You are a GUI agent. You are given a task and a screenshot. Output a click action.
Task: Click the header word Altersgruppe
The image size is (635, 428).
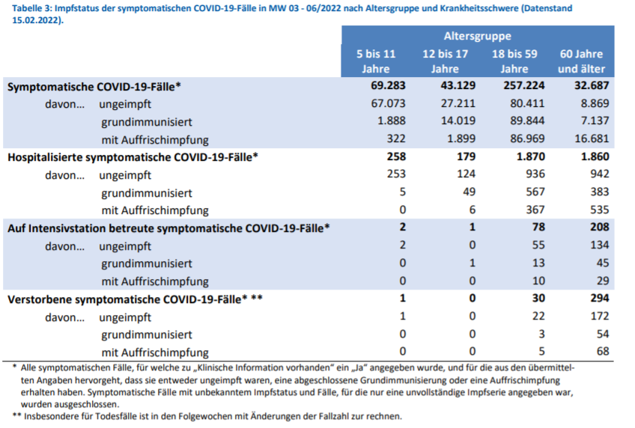pos(478,36)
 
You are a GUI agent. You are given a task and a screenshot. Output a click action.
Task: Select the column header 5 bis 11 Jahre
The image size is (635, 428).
pos(376,61)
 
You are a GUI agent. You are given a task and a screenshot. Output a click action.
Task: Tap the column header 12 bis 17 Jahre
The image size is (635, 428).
pos(445,61)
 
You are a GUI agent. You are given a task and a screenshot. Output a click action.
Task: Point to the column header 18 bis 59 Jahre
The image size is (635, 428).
pos(513,61)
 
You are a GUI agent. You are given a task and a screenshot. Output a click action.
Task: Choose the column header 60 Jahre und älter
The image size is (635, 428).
pos(580,61)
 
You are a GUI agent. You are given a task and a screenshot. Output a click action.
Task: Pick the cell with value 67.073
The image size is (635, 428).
pos(388,103)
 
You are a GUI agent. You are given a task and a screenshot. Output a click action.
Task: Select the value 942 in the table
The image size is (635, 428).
pos(600,175)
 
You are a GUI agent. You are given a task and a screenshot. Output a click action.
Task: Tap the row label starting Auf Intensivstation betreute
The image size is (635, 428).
pos(168,227)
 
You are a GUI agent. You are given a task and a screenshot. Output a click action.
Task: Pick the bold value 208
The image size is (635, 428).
pos(599,227)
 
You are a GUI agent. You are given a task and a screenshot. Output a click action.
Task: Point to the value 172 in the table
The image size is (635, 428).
pos(600,317)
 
